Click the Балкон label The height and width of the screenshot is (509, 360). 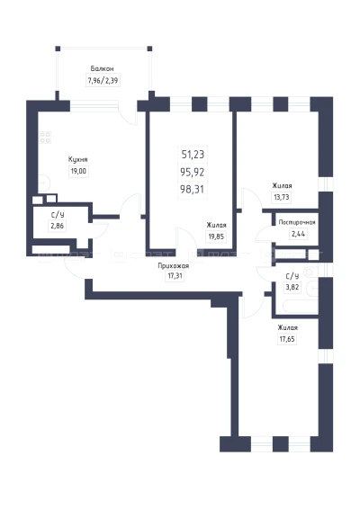point(102,69)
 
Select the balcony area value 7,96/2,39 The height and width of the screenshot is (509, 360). point(103,80)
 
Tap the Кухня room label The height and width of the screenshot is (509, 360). point(78,160)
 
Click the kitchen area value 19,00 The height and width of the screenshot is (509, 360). point(78,171)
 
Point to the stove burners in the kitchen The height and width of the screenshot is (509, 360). point(45,138)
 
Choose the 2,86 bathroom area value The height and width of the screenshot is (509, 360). point(58,226)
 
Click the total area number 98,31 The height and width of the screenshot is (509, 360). point(193,189)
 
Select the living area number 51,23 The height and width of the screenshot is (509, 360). point(193,155)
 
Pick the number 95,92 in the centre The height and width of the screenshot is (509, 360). point(193,172)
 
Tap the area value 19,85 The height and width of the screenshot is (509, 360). point(216,237)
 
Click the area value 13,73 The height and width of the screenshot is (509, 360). point(282,197)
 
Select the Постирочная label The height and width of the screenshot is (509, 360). point(297,223)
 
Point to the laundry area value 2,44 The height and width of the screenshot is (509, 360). point(298,234)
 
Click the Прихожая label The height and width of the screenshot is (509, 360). point(174,266)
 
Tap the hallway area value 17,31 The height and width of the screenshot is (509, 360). point(175,277)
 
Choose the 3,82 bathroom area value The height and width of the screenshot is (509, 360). point(292,288)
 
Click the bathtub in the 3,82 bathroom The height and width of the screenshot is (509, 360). point(301,307)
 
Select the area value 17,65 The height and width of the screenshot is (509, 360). point(287,339)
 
